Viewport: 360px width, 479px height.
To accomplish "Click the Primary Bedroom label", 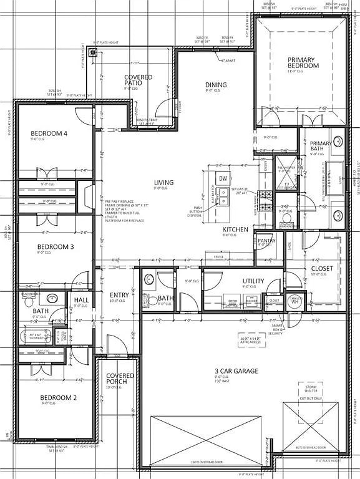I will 303,62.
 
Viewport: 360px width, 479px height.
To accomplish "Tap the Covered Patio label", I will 138,80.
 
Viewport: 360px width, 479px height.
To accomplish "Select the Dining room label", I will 216,85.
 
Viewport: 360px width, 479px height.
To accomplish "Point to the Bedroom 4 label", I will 49,133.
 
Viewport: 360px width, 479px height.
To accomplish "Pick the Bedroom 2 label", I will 59,397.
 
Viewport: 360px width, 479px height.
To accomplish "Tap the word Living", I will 164,183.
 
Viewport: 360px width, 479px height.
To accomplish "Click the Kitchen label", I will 236,230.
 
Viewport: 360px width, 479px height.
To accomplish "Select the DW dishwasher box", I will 223,179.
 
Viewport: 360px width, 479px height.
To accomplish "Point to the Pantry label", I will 266,241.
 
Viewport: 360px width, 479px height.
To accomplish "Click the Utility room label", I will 253,281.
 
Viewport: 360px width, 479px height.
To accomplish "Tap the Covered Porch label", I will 120,379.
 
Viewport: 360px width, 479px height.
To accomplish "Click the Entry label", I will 119,295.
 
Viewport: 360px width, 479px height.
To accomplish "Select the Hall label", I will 81,301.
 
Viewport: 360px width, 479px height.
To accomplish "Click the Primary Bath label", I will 321,147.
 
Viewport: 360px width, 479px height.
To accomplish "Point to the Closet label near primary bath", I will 322,268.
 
